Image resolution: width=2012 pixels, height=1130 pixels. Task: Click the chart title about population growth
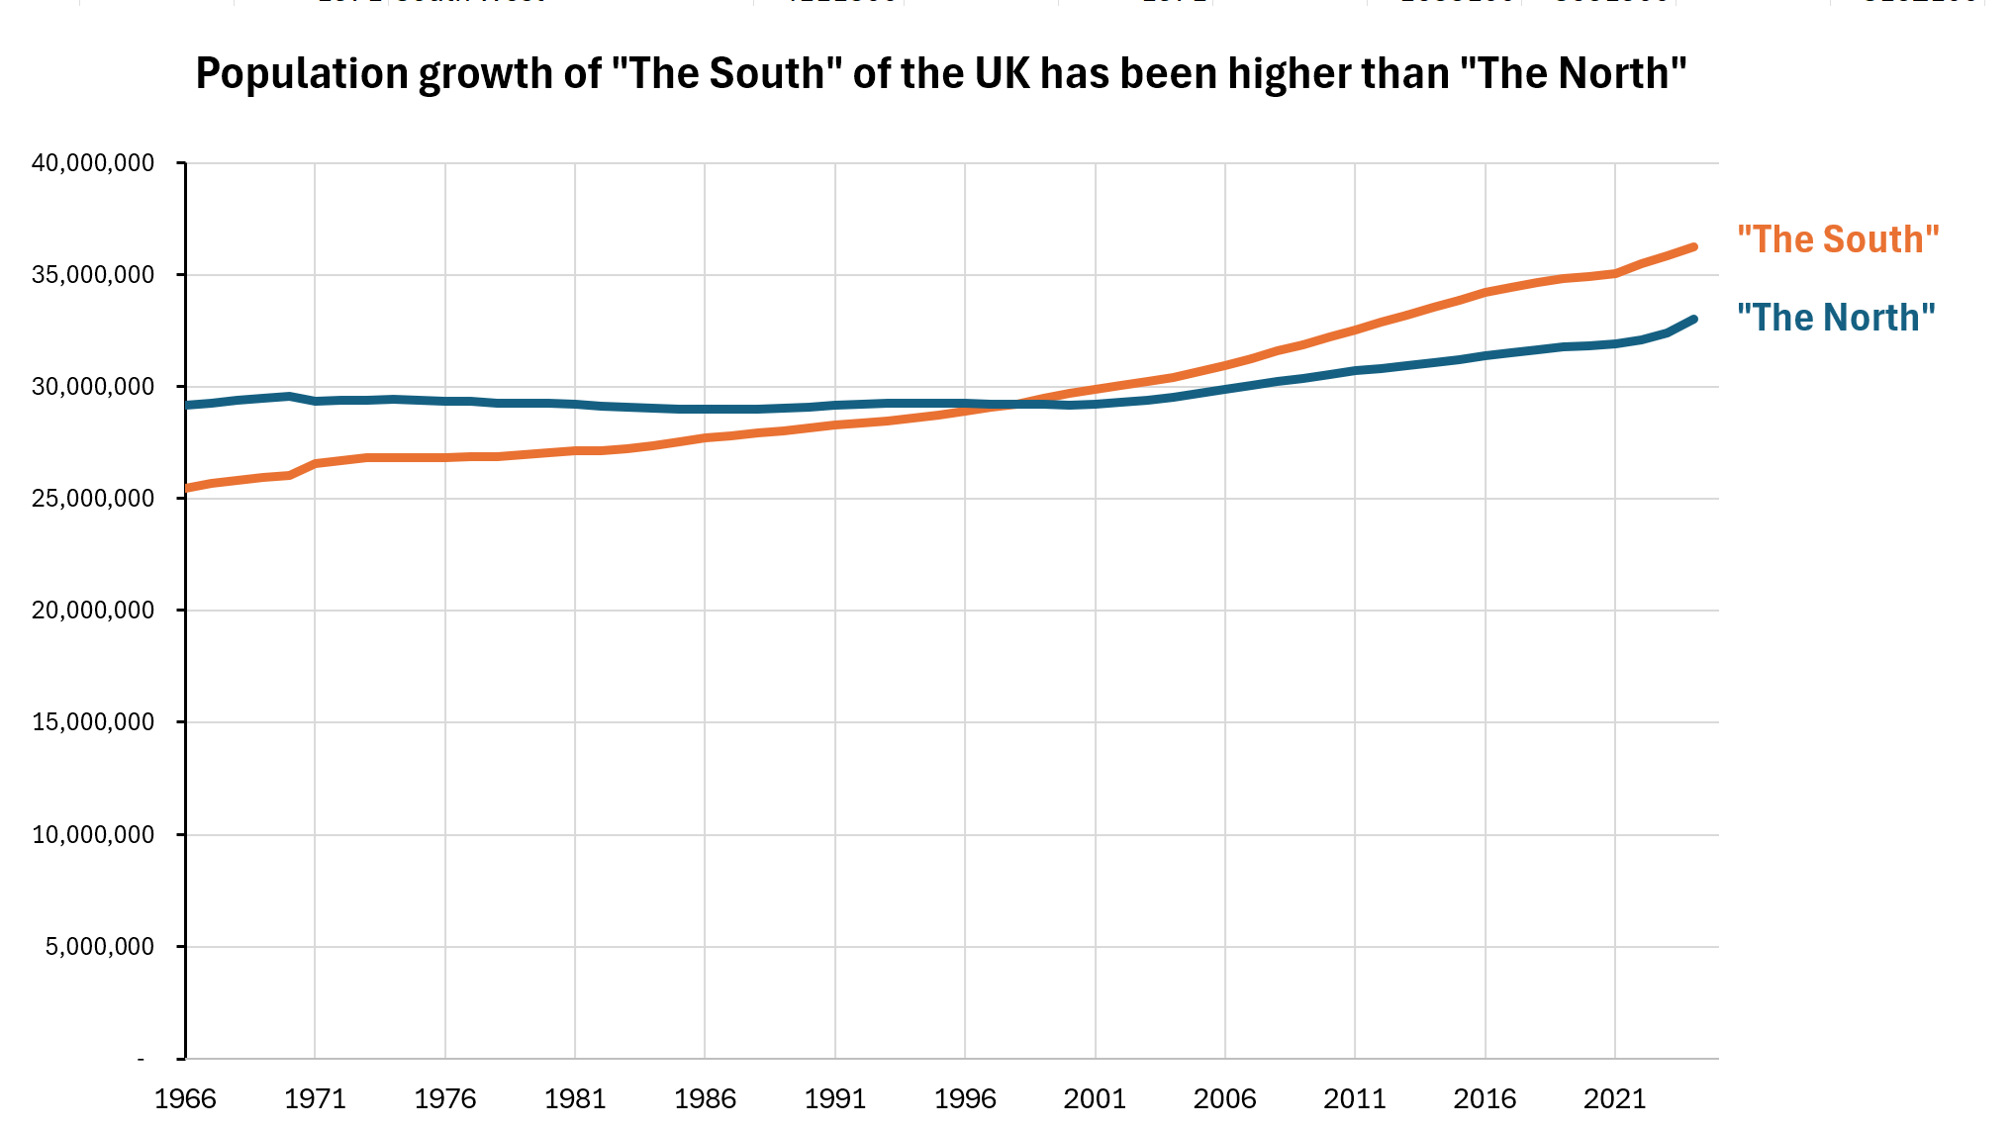940,74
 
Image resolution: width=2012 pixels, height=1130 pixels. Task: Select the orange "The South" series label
1838,239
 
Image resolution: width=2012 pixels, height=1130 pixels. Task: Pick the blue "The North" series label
1836,318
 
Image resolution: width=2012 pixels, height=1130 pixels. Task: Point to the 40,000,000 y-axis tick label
93,162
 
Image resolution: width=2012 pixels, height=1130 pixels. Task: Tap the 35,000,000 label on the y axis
93,274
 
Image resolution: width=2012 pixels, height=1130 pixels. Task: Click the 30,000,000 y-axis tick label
93,386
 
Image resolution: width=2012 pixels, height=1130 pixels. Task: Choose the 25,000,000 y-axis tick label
93,498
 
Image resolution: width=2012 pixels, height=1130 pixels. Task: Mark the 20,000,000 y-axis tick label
93,610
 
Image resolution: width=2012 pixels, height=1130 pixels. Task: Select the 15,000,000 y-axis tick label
93,721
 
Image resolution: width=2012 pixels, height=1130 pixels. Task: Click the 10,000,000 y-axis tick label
93,834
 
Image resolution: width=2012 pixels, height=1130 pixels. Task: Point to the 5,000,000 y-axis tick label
99,946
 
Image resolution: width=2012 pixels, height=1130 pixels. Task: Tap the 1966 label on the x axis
185,1098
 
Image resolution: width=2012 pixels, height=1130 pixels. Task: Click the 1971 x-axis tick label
315,1098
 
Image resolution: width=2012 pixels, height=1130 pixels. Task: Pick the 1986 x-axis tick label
705,1098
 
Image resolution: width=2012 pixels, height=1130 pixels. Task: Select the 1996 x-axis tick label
965,1098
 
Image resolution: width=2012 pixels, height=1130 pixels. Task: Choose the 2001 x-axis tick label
1095,1098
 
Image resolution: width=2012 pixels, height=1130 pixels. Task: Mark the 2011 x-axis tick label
1355,1098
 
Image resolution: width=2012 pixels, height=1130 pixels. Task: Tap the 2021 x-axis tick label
1615,1098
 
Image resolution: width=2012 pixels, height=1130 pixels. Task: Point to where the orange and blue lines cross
1014,404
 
